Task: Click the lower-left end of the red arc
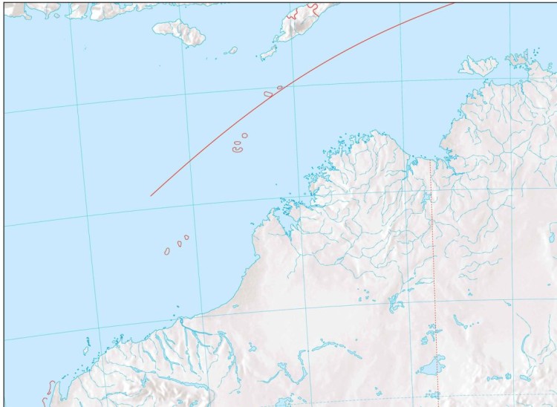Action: pos(152,195)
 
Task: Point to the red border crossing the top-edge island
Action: pos(312,9)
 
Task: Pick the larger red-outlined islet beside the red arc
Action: pos(268,94)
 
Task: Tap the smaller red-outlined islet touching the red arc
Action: pos(280,88)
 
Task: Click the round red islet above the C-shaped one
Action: pos(244,135)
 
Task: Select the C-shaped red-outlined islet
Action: pos(237,147)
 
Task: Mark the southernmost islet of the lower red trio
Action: pos(168,252)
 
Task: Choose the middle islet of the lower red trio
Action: pos(179,243)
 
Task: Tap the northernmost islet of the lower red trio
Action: pos(186,237)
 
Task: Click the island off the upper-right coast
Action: pos(478,65)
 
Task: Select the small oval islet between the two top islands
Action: pos(232,51)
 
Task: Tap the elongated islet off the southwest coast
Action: pos(86,346)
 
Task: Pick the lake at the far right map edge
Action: pos(551,236)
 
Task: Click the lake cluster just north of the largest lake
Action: pos(427,337)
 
